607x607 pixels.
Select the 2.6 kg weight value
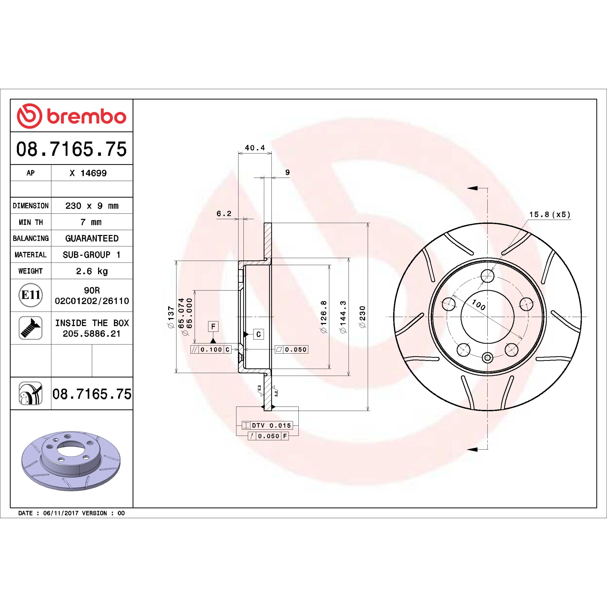coord(92,271)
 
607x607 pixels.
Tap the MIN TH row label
coord(31,222)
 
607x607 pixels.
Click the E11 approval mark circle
coord(31,295)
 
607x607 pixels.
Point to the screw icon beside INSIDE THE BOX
coord(31,328)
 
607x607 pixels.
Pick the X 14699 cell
coord(88,173)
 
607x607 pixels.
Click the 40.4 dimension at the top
coord(255,148)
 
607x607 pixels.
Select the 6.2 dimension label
coord(224,214)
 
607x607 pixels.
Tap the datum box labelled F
coord(213,326)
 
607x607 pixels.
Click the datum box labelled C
coord(259,334)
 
